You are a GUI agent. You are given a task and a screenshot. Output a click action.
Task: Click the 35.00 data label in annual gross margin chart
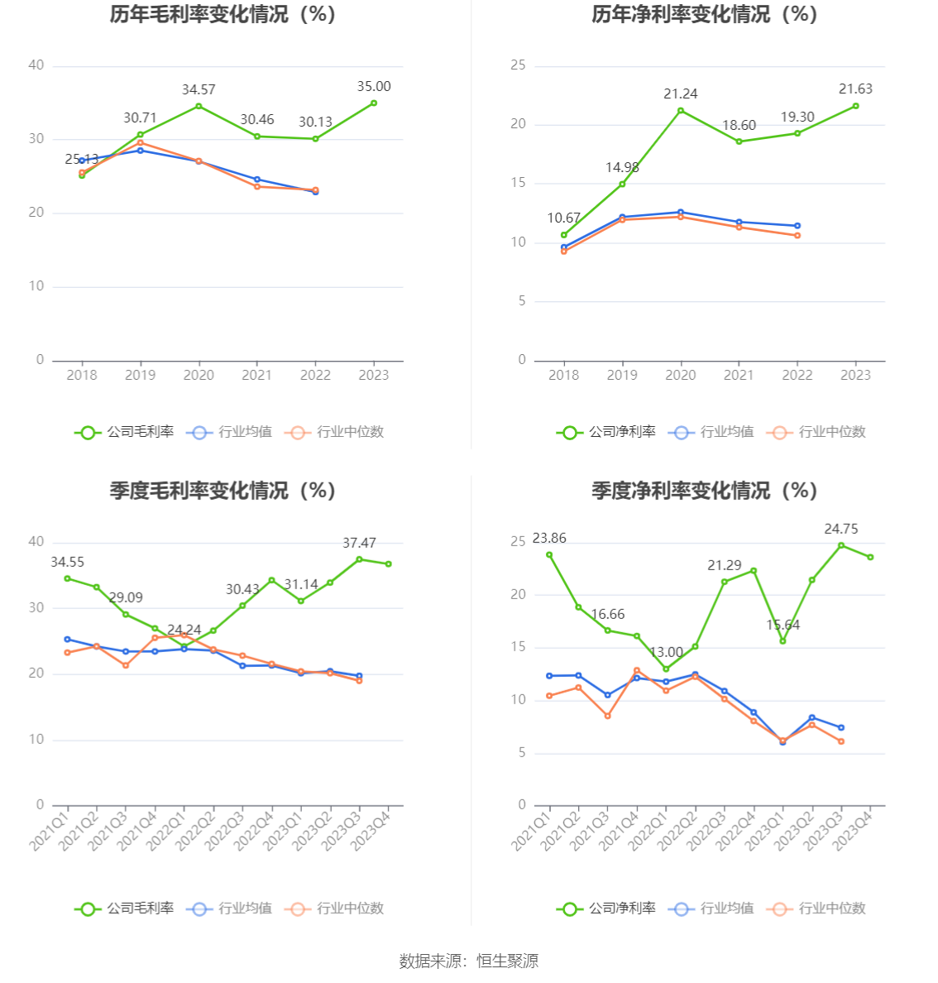pyautogui.click(x=374, y=87)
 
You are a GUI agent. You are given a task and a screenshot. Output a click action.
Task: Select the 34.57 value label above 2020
pyautogui.click(x=199, y=90)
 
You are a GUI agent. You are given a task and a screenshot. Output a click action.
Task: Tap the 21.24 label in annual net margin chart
pyautogui.click(x=680, y=94)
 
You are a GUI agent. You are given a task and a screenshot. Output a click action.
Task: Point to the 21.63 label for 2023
pyautogui.click(x=855, y=89)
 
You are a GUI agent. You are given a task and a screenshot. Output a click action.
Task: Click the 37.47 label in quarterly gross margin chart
pyautogui.click(x=359, y=544)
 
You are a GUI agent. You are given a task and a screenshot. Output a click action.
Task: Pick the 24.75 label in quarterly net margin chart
pyautogui.click(x=841, y=530)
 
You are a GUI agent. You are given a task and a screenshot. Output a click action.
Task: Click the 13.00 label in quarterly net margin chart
pyautogui.click(x=666, y=653)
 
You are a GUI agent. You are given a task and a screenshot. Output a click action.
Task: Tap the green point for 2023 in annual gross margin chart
pyautogui.click(x=374, y=103)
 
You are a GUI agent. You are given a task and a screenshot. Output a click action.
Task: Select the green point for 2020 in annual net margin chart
pyautogui.click(x=681, y=111)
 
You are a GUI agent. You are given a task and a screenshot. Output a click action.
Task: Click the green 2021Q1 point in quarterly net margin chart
pyautogui.click(x=549, y=555)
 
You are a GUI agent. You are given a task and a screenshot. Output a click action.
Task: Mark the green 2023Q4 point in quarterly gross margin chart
pyautogui.click(x=388, y=564)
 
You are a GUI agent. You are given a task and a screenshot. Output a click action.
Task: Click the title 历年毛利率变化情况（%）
pyautogui.click(x=223, y=15)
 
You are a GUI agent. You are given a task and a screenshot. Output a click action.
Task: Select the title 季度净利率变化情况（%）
pyautogui.click(x=704, y=491)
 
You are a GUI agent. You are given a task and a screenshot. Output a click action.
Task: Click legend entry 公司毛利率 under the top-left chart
pyautogui.click(x=125, y=432)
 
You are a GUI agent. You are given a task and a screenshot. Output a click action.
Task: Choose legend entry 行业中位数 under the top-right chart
pyautogui.click(x=816, y=432)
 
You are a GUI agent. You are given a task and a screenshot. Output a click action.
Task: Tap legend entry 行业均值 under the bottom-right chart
pyautogui.click(x=713, y=909)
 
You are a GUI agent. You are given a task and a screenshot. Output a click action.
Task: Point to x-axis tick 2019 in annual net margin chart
pyautogui.click(x=622, y=376)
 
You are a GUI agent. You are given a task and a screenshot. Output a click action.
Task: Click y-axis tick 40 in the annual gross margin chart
pyautogui.click(x=36, y=65)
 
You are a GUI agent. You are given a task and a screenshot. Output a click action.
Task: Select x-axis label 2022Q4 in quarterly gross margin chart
pyautogui.click(x=254, y=830)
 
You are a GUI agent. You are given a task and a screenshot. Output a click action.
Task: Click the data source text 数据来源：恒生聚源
pyautogui.click(x=469, y=961)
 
